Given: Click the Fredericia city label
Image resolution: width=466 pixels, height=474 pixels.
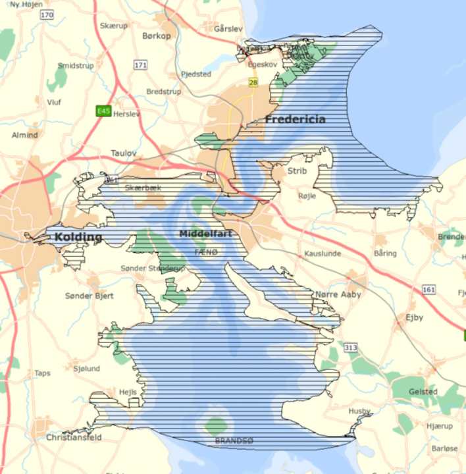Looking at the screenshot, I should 295,119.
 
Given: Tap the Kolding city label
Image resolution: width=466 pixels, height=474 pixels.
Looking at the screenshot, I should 79,237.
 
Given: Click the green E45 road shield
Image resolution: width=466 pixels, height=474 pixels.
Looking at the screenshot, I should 103,111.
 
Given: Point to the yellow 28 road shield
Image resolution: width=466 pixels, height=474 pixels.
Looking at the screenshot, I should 253,82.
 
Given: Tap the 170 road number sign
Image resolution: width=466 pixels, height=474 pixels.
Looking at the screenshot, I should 46,14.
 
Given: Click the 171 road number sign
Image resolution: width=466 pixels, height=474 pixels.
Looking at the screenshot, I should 140,65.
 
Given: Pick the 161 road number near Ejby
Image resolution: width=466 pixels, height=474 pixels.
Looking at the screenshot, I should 429,290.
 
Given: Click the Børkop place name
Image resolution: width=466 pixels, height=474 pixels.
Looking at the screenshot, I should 157,36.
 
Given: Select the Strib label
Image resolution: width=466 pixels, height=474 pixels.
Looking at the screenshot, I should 298,171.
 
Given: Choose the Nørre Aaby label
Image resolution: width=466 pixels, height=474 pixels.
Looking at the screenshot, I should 338,294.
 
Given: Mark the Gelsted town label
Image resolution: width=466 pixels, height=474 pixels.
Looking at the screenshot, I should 423,392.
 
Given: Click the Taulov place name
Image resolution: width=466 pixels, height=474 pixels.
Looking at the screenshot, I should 123,153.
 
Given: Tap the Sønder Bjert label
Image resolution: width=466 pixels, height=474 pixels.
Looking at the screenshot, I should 90,296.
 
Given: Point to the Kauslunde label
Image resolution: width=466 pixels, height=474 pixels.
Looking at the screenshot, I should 322,253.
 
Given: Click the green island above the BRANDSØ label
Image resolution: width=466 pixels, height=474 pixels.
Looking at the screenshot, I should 215,425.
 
